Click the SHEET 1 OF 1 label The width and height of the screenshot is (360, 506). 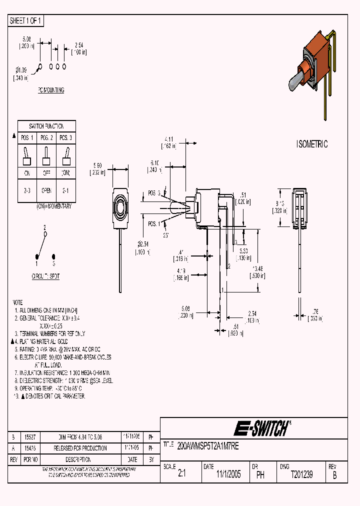coord(26,21)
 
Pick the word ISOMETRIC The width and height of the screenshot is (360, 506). coord(312,144)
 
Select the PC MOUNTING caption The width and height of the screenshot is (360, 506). coord(51,90)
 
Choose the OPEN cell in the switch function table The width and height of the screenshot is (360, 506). coord(46,190)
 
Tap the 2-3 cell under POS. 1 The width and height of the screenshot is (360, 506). coord(27,190)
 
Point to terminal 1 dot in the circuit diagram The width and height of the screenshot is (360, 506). coord(36,256)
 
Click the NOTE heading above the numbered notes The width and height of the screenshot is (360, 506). coord(18,303)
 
